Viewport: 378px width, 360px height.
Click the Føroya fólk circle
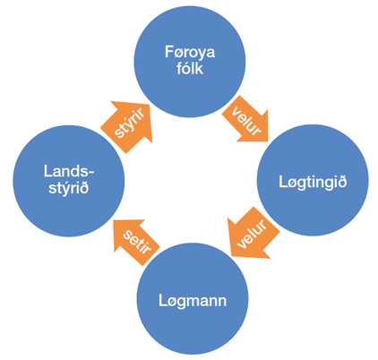coord(190,61)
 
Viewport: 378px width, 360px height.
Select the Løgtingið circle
coord(313,180)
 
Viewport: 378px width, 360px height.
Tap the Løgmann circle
coord(193,298)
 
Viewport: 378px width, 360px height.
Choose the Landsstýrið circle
coord(68,181)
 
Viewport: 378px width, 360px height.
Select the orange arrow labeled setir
coord(136,241)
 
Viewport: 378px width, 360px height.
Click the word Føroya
coord(190,52)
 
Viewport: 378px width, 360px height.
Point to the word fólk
coord(190,68)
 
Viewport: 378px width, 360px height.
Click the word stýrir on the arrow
coord(129,123)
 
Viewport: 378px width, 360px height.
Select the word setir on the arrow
coord(137,242)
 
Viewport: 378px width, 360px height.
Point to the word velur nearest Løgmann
coord(252,234)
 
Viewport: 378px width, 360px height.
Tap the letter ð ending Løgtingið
coord(342,181)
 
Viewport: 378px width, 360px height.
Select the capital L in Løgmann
coord(162,300)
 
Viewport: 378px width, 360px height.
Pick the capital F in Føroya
coord(169,52)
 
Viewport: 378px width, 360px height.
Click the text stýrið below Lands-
coord(69,188)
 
